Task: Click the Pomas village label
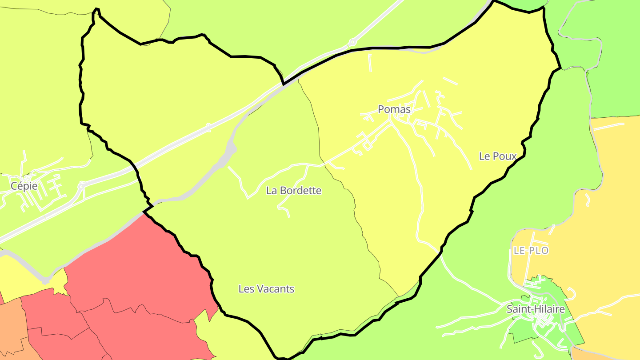394,109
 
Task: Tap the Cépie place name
24,186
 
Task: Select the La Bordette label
294,191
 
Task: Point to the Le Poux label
498,156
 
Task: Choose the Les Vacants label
266,289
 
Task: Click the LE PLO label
531,251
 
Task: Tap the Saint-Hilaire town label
536,309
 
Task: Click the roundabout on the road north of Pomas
352,43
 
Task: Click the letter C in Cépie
14,186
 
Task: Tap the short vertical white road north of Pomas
370,63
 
